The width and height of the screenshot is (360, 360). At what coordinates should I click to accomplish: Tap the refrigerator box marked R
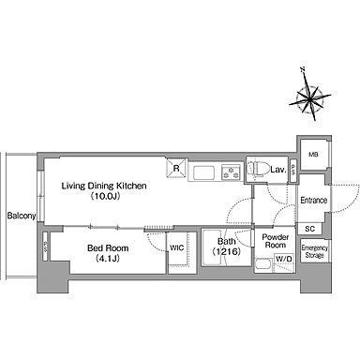tap(176, 169)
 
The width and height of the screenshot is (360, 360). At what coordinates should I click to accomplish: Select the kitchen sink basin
tap(203, 172)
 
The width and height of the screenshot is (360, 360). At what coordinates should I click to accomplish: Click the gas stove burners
tap(232, 172)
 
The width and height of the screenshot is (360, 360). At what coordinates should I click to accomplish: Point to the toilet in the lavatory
tap(258, 169)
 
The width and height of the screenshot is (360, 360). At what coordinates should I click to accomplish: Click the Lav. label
tap(278, 170)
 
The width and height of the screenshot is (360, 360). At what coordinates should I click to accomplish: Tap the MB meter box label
tap(313, 155)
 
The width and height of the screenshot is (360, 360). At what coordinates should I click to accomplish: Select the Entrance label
tap(314, 200)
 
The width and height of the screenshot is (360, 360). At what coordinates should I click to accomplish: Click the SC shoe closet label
tap(309, 229)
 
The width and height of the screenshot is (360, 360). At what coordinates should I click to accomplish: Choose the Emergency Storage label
tap(314, 251)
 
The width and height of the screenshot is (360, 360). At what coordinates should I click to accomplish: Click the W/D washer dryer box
tap(284, 259)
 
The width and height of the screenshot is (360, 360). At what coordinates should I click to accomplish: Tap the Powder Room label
tap(275, 241)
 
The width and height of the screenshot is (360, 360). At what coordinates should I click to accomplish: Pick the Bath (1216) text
tap(227, 246)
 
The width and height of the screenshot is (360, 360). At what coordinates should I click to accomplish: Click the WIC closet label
tap(177, 247)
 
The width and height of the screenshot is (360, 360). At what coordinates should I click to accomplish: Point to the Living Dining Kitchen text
tap(104, 186)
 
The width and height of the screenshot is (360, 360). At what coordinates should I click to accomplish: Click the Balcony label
tap(22, 216)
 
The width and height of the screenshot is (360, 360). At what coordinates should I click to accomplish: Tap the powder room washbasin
tap(263, 265)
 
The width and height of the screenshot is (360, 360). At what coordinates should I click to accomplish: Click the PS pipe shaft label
tap(293, 172)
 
